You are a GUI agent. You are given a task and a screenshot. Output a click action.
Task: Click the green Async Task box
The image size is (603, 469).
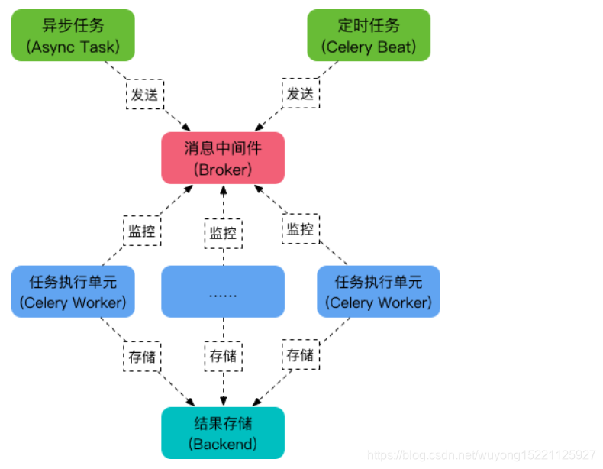click(73, 36)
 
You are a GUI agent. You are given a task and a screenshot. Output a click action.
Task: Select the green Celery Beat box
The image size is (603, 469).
click(369, 36)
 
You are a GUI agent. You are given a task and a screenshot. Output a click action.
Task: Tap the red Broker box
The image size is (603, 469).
click(223, 158)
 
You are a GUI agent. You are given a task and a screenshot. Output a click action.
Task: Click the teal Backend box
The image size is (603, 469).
click(223, 433)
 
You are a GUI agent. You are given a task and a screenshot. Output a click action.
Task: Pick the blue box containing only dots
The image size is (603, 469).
click(223, 292)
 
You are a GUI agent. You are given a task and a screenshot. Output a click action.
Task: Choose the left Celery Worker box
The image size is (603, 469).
click(73, 292)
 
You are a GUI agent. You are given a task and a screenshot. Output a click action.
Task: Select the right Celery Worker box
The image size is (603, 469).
click(379, 292)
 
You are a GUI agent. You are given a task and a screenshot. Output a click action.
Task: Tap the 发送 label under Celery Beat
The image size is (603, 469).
click(301, 94)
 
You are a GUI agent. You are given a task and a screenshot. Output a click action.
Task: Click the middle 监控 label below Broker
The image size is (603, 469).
click(223, 233)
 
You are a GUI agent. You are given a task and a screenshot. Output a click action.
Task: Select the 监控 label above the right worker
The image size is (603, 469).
click(301, 229)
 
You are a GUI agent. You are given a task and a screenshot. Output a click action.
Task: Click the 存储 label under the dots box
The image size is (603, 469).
click(223, 356)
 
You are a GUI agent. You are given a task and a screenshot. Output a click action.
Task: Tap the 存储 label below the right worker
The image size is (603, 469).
click(301, 355)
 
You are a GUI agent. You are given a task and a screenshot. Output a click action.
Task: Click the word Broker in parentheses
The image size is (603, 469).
click(223, 169)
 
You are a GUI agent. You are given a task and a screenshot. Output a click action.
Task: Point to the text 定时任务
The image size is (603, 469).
click(369, 25)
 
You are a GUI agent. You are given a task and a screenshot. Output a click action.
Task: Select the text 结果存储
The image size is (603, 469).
click(223, 423)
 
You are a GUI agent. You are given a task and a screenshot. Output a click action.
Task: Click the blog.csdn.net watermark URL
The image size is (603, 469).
click(481, 455)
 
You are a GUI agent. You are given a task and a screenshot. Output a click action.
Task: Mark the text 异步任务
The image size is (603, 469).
click(73, 25)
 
